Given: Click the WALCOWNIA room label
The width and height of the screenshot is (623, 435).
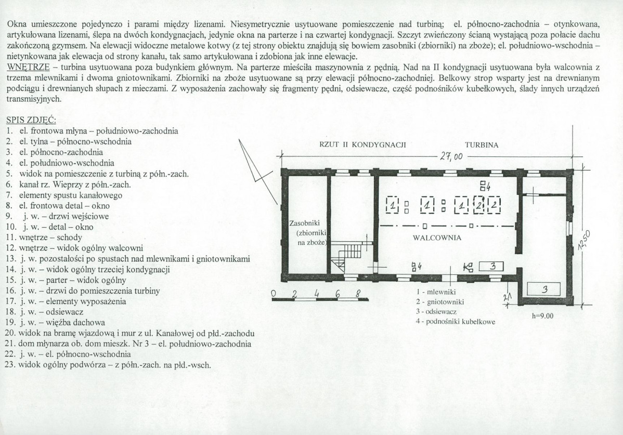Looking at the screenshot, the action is [437, 238].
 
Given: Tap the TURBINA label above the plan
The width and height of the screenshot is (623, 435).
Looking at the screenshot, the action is [482, 145].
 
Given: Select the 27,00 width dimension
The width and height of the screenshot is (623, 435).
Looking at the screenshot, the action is [451, 156].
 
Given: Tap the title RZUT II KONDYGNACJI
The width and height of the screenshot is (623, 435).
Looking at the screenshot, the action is [362, 145].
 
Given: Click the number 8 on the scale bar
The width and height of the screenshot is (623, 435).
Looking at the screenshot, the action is [358, 294].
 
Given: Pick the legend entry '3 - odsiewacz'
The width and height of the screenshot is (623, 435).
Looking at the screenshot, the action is [436, 311].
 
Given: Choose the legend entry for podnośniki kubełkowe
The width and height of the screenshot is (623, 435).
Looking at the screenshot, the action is [456, 322].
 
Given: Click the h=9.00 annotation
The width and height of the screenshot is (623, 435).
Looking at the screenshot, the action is [542, 316].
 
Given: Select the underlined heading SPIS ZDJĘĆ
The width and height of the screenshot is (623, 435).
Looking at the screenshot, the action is [31, 120].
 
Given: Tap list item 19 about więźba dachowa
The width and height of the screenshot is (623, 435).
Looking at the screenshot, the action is [55, 322].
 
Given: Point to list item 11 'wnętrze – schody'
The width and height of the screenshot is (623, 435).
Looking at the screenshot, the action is [44, 238].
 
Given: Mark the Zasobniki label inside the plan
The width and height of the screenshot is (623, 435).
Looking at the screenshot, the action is [305, 223].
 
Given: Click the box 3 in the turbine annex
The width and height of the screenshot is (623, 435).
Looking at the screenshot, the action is [543, 289].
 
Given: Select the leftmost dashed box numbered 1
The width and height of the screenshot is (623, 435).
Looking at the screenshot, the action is [392, 205].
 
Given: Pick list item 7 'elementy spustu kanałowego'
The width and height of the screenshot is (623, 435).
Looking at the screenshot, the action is [64, 195].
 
